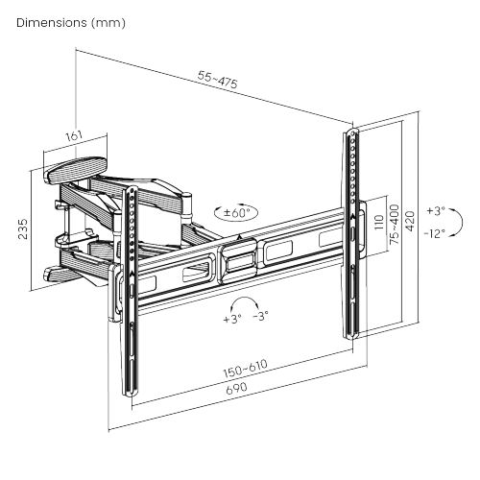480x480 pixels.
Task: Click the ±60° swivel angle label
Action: coord(236,212)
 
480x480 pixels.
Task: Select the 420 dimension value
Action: coord(410,222)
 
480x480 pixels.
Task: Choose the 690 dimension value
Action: coord(236,388)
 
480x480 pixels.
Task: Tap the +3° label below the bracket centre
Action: coord(231,319)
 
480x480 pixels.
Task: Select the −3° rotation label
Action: coord(260,315)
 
